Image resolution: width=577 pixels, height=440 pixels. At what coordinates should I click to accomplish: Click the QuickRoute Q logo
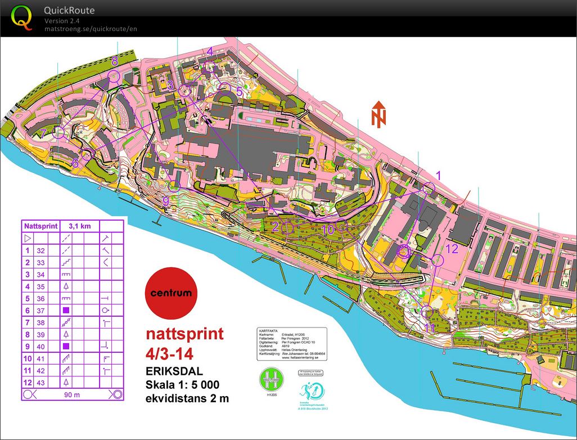coord(22,17)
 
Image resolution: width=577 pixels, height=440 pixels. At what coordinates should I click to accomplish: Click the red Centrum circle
coord(171,293)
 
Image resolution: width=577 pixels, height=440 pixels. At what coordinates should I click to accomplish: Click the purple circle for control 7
coord(59,133)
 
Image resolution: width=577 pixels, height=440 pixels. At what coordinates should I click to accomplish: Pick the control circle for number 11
coord(427,311)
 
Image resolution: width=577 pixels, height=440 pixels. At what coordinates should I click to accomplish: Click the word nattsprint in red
coord(184,334)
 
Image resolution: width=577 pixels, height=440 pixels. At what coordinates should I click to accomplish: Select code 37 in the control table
coord(40,310)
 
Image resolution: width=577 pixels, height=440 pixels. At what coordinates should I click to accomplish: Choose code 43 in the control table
coord(40,382)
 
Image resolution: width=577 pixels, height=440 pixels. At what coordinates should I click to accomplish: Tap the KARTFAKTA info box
coord(292,344)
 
